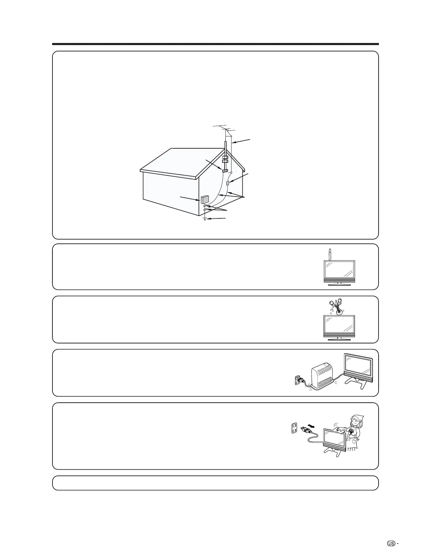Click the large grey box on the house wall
click(x=204, y=200)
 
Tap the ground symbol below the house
click(x=205, y=219)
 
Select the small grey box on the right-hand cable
click(x=228, y=183)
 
